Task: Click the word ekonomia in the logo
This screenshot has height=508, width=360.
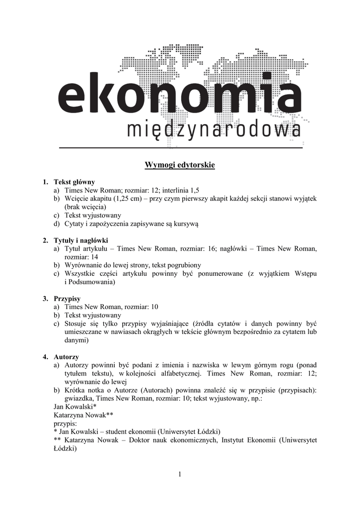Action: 180,97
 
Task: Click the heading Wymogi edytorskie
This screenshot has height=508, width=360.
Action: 180,165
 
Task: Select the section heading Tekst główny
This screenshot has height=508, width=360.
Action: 74,182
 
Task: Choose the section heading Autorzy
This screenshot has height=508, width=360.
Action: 66,357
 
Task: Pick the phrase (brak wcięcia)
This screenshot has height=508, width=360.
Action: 85,207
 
